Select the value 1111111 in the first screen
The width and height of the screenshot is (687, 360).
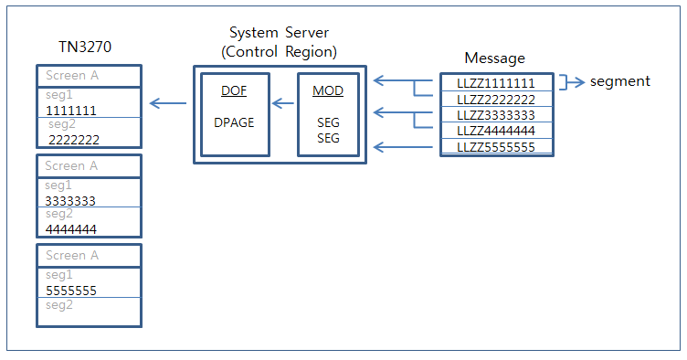click(x=71, y=111)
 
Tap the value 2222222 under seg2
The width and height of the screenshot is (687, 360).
click(x=74, y=140)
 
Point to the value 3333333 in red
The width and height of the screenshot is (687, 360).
click(x=70, y=200)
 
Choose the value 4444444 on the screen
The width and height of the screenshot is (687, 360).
click(x=70, y=228)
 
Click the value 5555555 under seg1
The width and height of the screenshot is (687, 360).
click(x=71, y=291)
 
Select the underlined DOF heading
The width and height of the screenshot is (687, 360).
click(x=233, y=91)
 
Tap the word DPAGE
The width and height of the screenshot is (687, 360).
click(x=233, y=121)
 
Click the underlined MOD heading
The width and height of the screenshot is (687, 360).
click(x=328, y=91)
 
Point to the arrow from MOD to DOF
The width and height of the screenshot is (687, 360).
click(x=281, y=103)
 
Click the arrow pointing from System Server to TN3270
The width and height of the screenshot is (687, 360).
click(x=168, y=103)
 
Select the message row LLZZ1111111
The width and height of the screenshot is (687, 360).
click(x=496, y=83)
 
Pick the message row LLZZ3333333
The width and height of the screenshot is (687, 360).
click(x=496, y=115)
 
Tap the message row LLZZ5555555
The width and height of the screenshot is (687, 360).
click(x=496, y=147)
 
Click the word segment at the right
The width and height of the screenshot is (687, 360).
click(x=620, y=81)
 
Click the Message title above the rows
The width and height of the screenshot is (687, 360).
click(x=495, y=58)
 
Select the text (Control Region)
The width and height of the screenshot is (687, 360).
click(x=280, y=52)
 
